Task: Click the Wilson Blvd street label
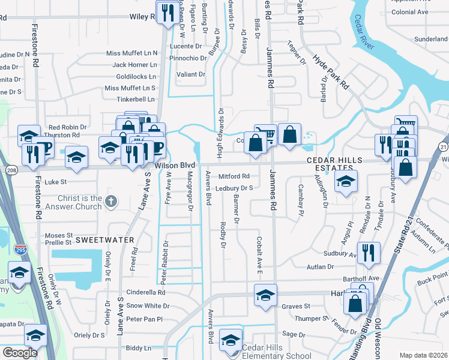pyautogui.click(x=175, y=165)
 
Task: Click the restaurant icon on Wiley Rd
pyautogui.click(x=167, y=12)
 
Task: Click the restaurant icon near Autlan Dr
pyautogui.click(x=368, y=253)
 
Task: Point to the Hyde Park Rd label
pyautogui.click(x=331, y=72)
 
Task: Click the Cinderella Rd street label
pyautogui.click(x=145, y=293)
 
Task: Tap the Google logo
pyautogui.click(x=20, y=353)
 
